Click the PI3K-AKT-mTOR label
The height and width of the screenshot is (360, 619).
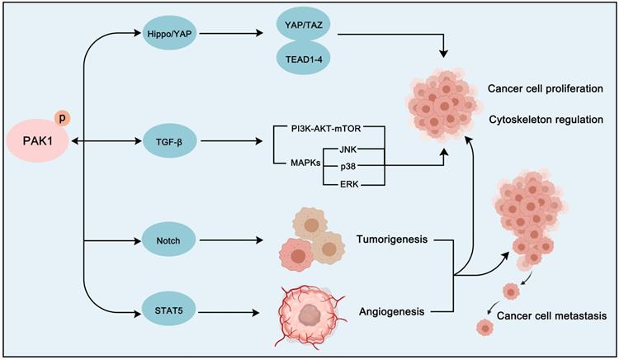(x=320, y=129)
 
